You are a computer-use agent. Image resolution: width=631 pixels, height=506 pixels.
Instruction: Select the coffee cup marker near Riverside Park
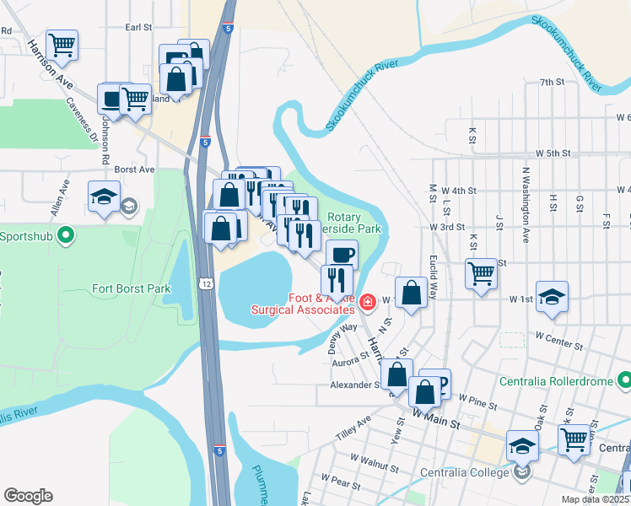pyautogui.click(x=342, y=254)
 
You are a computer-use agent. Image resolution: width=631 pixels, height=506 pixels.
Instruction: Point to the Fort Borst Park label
pyautogui.click(x=131, y=289)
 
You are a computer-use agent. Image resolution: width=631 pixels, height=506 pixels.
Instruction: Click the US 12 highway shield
pyautogui.click(x=205, y=280)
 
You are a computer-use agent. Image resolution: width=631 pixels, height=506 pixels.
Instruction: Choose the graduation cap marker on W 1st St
pyautogui.click(x=553, y=296)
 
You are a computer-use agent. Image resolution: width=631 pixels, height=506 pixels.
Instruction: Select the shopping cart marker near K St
pyautogui.click(x=481, y=272)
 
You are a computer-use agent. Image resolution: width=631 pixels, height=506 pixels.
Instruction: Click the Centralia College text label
pyautogui.click(x=467, y=471)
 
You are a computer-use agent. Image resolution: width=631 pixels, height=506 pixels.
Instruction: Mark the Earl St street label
pyautogui.click(x=138, y=27)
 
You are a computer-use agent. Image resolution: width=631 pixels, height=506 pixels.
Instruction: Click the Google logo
pyautogui.click(x=28, y=496)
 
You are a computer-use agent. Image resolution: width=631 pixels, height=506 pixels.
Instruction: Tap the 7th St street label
pyautogui.click(x=552, y=82)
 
